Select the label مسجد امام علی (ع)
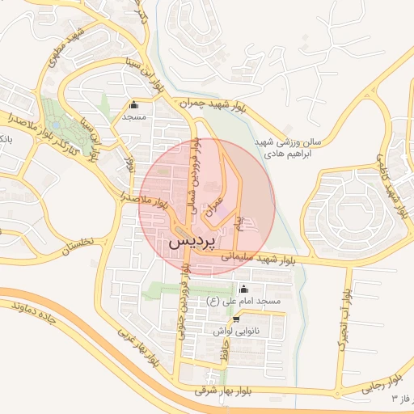pyautogui.click(x=243, y=302)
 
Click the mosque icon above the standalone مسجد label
pyautogui.click(x=133, y=104)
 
